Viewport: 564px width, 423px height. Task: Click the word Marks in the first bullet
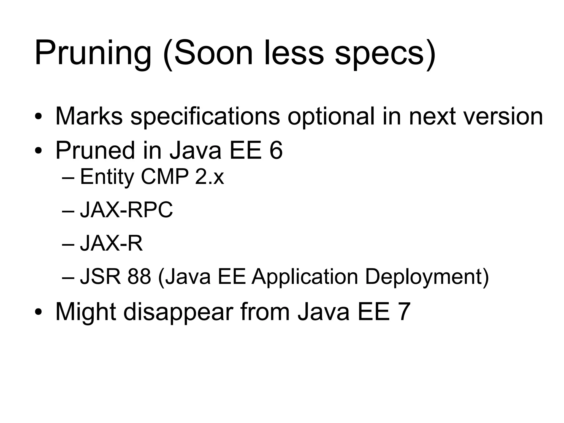click(89, 116)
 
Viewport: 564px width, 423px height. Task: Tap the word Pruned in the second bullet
click(95, 150)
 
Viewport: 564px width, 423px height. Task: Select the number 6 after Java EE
click(276, 150)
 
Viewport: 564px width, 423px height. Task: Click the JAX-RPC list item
click(126, 210)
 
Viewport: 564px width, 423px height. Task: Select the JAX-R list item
click(111, 243)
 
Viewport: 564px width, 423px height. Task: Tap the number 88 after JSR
click(139, 277)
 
